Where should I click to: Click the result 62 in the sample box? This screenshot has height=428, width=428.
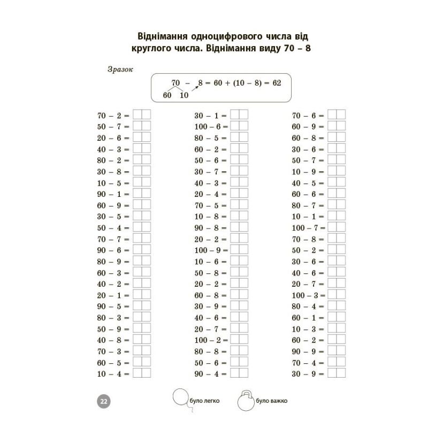tap(277, 83)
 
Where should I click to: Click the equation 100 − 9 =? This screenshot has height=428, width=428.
tap(211, 250)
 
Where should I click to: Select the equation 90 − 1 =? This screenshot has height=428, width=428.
tap(113, 194)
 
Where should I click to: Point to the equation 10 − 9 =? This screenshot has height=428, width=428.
tap(308, 172)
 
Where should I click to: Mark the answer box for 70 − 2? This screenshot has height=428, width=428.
tap(142, 116)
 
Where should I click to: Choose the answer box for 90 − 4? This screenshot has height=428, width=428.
tap(239, 373)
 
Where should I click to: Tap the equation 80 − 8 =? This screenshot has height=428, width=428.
tap(211, 351)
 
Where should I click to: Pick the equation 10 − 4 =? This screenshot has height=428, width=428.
tap(113, 373)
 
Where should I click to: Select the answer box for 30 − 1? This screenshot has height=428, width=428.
tap(239, 116)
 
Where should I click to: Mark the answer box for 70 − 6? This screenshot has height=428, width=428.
tap(337, 116)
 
